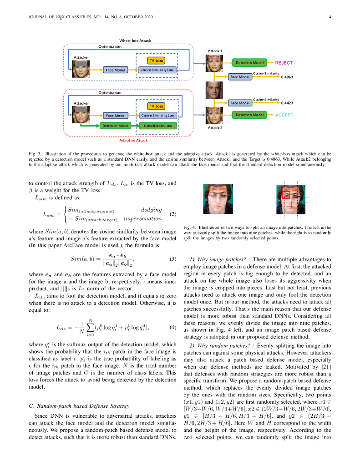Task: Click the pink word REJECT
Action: [x=284, y=62]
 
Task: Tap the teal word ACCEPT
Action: [x=284, y=115]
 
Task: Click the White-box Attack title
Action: [x=135, y=41]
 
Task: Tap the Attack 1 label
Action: [x=215, y=51]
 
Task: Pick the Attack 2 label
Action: [x=215, y=128]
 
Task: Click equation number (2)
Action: [x=172, y=213]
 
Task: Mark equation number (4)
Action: [x=172, y=327]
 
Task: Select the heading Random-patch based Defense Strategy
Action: [x=79, y=405]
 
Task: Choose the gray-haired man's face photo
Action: [x=214, y=91]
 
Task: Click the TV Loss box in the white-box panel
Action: [x=156, y=60]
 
